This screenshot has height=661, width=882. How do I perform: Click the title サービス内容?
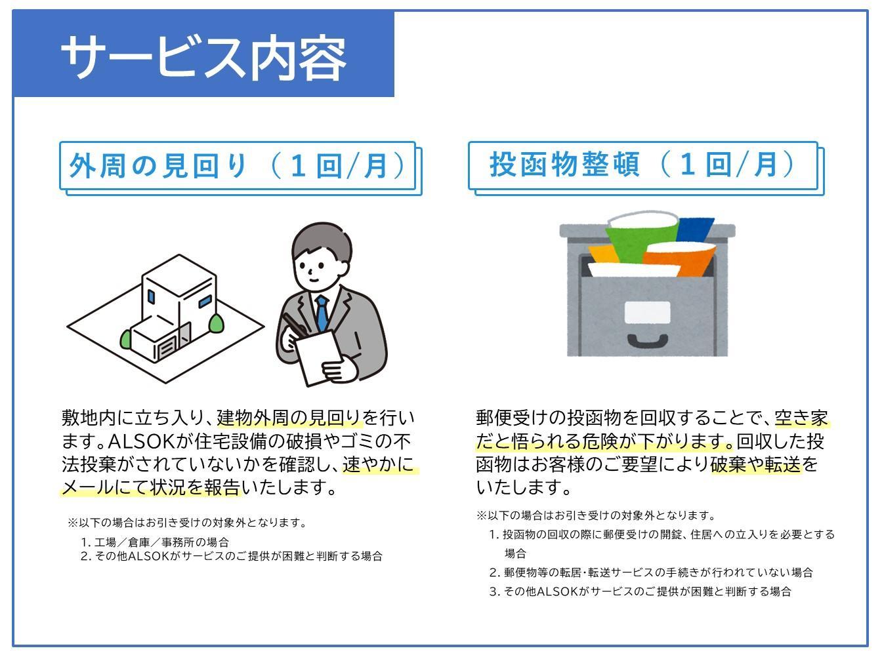[x=203, y=56]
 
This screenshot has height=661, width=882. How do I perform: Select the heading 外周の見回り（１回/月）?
[x=238, y=166]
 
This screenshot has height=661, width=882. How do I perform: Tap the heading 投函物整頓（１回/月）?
[x=642, y=165]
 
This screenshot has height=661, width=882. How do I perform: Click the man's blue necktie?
[x=322, y=313]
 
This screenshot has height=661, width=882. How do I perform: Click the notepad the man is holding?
[x=320, y=358]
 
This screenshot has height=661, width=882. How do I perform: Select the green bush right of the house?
[x=217, y=322]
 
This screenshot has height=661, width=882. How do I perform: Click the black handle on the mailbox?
[x=647, y=341]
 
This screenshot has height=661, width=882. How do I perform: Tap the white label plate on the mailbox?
[x=647, y=313]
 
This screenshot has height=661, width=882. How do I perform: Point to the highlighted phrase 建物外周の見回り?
[x=289, y=418]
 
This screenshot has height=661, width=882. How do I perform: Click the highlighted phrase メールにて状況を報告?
[x=152, y=487]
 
